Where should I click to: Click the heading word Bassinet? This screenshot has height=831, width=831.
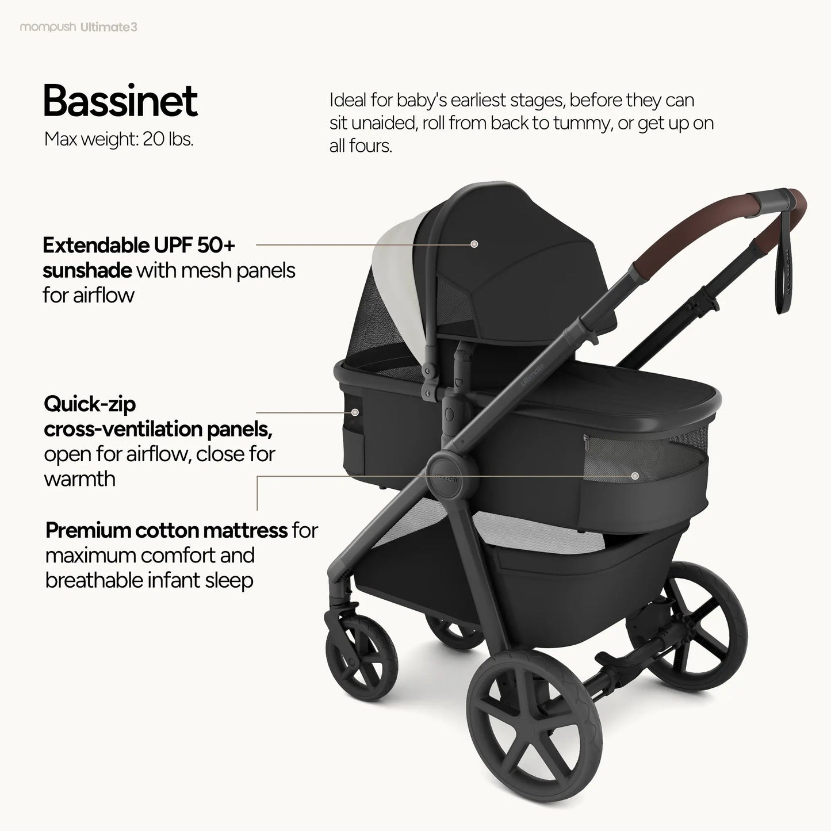[120, 101]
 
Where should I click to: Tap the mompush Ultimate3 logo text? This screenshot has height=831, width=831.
[79, 27]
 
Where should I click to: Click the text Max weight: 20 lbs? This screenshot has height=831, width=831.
[118, 139]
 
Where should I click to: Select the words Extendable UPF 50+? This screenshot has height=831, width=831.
[139, 246]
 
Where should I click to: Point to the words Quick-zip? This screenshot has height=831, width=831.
[90, 404]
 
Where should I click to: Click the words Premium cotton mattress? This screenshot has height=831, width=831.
[166, 530]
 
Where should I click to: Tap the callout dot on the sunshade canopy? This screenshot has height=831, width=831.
[474, 244]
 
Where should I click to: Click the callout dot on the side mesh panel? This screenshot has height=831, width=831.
[635, 476]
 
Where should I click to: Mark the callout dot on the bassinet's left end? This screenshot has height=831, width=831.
[355, 412]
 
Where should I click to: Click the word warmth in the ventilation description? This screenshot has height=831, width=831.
[80, 479]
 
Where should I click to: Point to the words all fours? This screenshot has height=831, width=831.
[360, 146]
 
